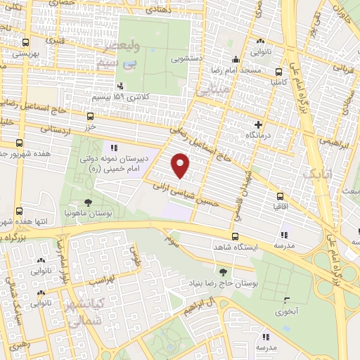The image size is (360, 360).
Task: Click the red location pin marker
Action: click(x=181, y=165)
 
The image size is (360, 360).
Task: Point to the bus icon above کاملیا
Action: click(x=279, y=71)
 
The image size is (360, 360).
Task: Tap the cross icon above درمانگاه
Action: click(x=259, y=124)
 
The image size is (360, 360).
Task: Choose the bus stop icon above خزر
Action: click(x=90, y=116)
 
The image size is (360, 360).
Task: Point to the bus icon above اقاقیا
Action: click(x=281, y=196)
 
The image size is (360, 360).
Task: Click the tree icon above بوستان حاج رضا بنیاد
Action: click(x=224, y=272)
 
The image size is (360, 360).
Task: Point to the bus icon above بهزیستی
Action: click(x=26, y=42)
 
